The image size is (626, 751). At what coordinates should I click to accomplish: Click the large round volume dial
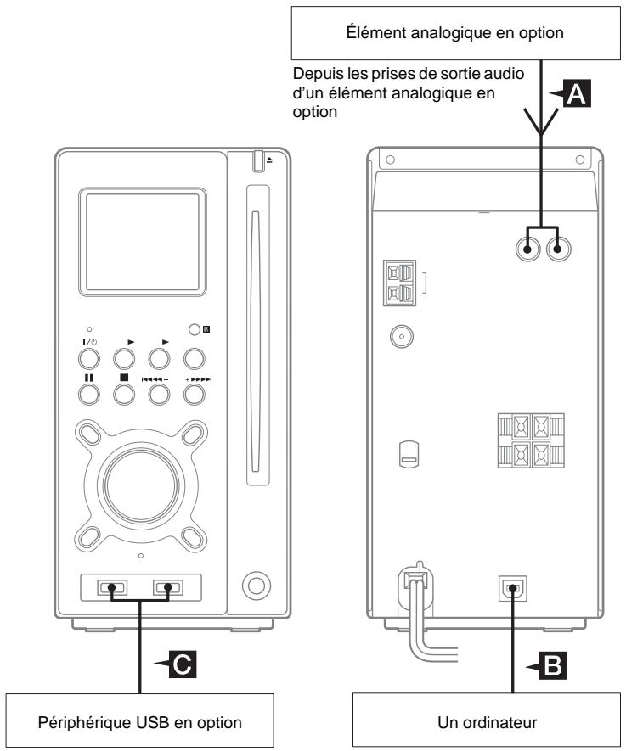[141, 481]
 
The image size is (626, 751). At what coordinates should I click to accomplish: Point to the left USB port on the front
[111, 586]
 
